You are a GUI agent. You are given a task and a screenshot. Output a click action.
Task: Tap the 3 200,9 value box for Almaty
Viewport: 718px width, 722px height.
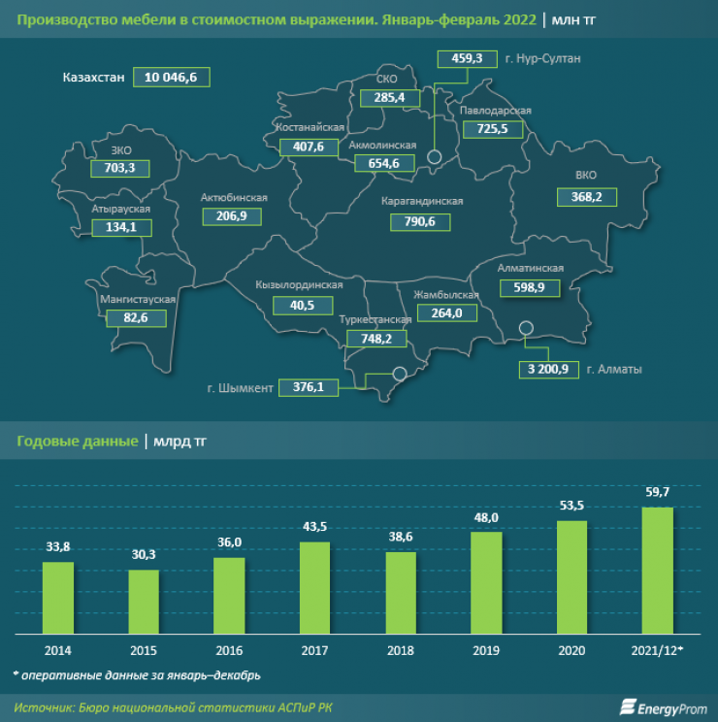pyautogui.click(x=548, y=369)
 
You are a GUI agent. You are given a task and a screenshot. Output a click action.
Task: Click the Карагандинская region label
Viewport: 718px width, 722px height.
pyautogui.click(x=422, y=201)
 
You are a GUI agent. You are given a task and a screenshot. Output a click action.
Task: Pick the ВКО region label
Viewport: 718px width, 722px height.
pyautogui.click(x=586, y=177)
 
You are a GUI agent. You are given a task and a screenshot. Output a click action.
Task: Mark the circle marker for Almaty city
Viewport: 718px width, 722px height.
pyautogui.click(x=526, y=328)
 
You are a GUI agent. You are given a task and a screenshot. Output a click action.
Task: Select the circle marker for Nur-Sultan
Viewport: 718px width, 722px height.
pyautogui.click(x=435, y=156)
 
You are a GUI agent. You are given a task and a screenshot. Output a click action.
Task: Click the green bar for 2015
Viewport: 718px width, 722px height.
pyautogui.click(x=144, y=599)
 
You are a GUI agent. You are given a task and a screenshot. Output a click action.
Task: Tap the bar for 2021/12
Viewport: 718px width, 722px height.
pyautogui.click(x=658, y=567)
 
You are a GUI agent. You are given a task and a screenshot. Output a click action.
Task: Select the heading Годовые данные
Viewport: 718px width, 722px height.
pyautogui.click(x=78, y=442)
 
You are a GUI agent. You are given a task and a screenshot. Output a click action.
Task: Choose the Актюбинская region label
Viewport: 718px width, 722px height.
pyautogui.click(x=233, y=198)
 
